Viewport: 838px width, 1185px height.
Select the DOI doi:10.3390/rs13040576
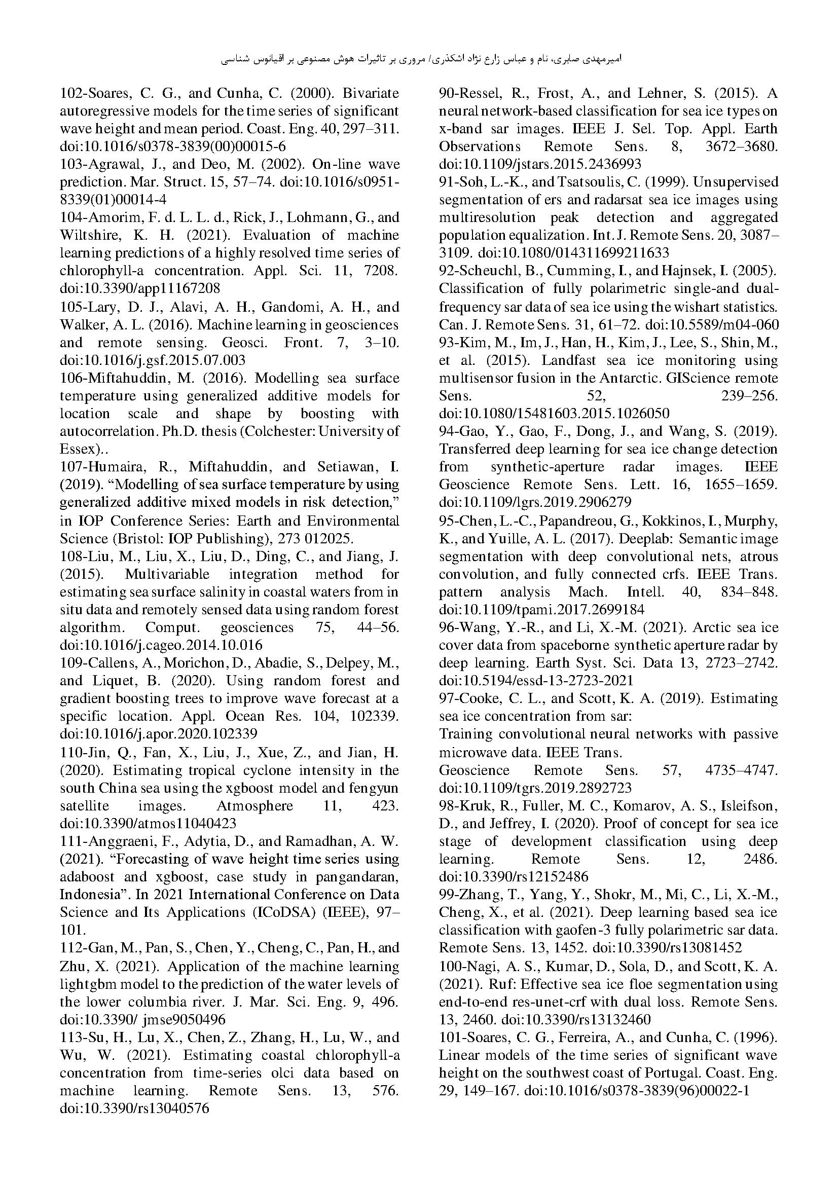click(x=134, y=1108)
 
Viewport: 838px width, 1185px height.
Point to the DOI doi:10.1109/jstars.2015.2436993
click(x=539, y=164)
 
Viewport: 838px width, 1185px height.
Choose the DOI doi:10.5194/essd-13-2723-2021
click(x=536, y=681)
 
